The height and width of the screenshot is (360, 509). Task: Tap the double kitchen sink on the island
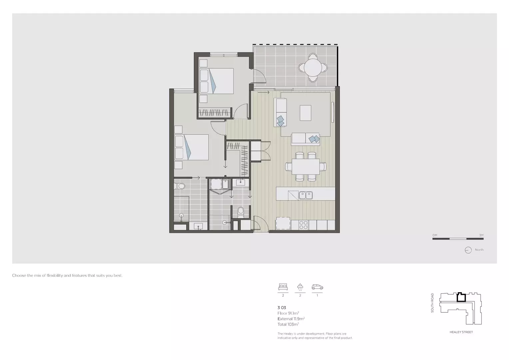[x=305, y=195]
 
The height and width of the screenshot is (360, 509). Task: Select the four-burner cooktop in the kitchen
[x=303, y=225]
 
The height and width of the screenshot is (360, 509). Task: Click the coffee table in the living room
[x=305, y=113]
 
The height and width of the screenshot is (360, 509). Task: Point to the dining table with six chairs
[x=306, y=167]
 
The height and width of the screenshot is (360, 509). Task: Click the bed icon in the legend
[x=283, y=286]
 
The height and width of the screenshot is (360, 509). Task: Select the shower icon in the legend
[x=300, y=287]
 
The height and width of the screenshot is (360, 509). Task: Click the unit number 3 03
[x=282, y=308]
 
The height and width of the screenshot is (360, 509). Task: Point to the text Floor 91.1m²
[x=288, y=313]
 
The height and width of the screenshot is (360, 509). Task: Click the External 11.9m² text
[x=291, y=319]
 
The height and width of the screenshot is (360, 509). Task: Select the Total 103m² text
[x=288, y=324]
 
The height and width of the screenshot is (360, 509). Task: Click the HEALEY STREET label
[x=461, y=332]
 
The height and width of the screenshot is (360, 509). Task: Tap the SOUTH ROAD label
[x=432, y=303]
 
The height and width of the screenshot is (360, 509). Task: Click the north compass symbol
[x=468, y=250]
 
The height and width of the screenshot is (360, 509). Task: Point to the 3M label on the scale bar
[x=481, y=235]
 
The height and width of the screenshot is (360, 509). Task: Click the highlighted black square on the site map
[x=461, y=297]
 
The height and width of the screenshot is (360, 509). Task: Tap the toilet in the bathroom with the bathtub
[x=181, y=186]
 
